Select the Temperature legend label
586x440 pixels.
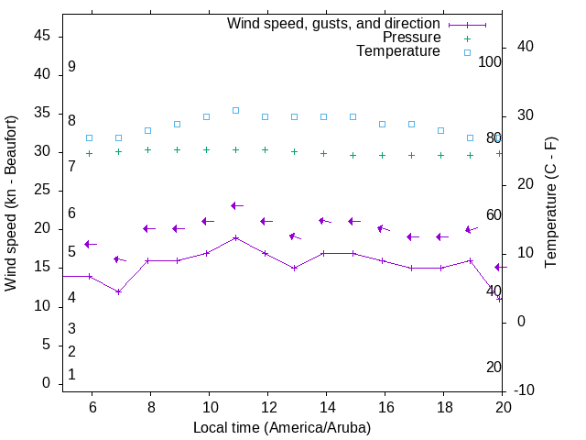coord(398,51)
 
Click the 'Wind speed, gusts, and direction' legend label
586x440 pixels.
coord(333,24)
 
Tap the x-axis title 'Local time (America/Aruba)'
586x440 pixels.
coord(282,427)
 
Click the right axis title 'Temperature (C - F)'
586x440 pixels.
coord(550,203)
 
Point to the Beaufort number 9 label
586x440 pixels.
coord(71,67)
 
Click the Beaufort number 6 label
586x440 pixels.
coord(71,214)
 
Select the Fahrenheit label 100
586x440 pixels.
coord(490,61)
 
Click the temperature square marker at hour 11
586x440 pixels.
coord(235,110)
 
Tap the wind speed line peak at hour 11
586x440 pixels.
coord(235,237)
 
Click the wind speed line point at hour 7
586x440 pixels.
coord(118,291)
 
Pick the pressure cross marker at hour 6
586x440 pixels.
coord(89,153)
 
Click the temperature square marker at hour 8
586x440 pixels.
coord(147,130)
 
